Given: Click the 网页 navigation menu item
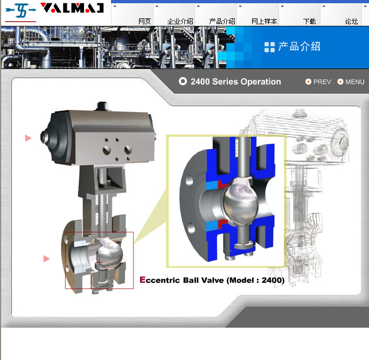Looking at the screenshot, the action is [x=144, y=22].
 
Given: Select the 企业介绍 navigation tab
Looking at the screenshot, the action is [x=180, y=22].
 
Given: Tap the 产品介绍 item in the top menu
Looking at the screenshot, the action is [x=222, y=22].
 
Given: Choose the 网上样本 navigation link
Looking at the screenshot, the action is [x=264, y=22].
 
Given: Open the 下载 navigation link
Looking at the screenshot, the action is [x=309, y=22].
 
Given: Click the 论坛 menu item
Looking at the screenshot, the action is [x=351, y=22].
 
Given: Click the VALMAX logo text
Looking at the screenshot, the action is [x=72, y=8].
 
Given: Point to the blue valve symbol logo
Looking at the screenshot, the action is [x=21, y=10].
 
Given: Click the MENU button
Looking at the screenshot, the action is [x=351, y=82].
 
